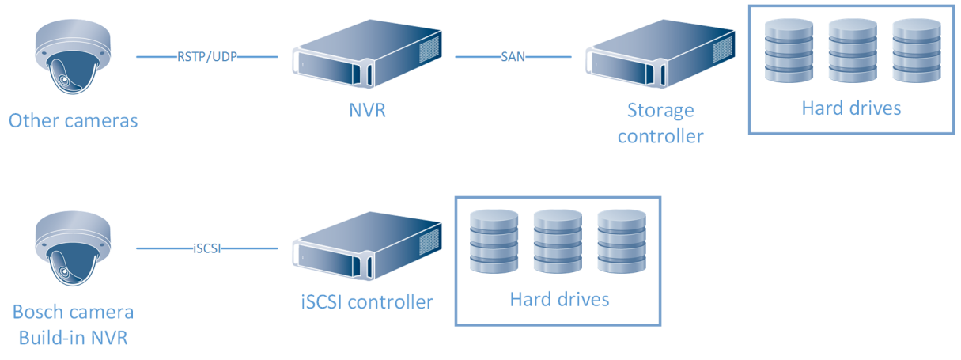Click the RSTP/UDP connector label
(207, 56)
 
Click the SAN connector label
(513, 56)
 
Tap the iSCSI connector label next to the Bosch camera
(207, 248)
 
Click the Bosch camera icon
(72, 250)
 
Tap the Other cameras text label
(73, 121)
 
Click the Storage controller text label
(660, 123)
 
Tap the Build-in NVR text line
(73, 338)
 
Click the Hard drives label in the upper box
(851, 108)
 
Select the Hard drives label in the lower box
(559, 299)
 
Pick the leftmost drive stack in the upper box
(788, 50)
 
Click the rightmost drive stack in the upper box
(915, 50)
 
